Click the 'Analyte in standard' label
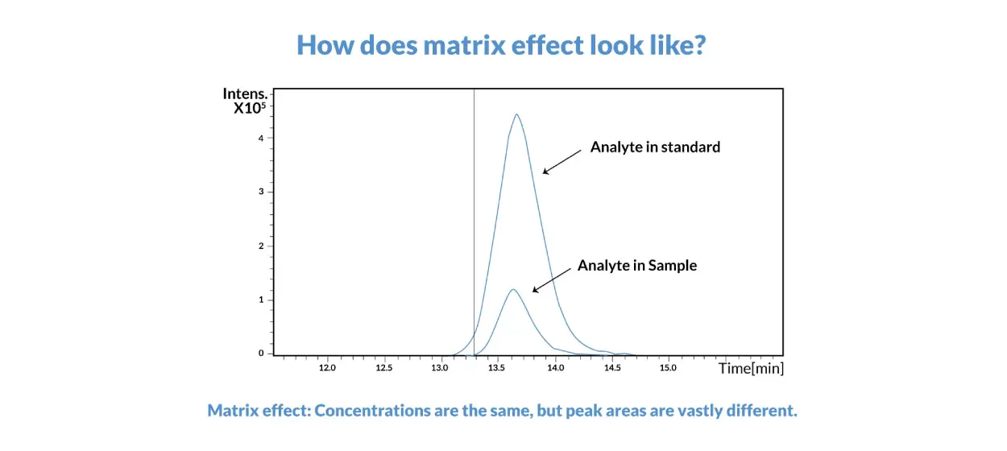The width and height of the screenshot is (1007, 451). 655,147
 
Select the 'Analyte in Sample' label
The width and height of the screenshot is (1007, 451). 636,266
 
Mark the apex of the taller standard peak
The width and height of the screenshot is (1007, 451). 516,114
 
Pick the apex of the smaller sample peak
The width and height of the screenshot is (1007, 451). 512,289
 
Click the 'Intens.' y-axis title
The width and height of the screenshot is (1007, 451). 245,94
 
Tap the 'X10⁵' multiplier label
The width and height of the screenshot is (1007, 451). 249,109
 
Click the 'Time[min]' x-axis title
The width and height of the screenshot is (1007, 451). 751,368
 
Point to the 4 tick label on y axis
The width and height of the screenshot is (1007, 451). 261,138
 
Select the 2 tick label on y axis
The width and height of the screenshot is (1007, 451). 261,246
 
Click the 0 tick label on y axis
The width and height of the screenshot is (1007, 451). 261,353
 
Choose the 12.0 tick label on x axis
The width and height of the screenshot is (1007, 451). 326,368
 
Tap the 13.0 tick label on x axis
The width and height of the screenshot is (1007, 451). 440,368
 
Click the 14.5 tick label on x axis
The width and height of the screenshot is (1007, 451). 612,368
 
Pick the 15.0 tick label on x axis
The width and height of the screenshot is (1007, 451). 668,368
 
